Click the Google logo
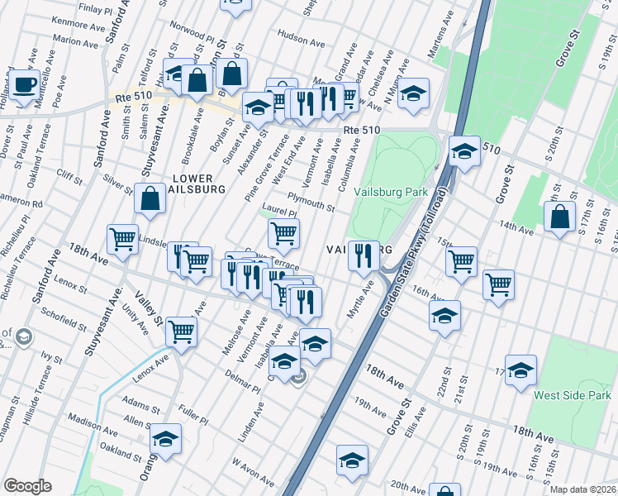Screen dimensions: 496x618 coord(27,486)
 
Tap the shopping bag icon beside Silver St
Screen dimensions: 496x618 coord(149,199)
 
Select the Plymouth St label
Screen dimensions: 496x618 coord(311,202)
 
